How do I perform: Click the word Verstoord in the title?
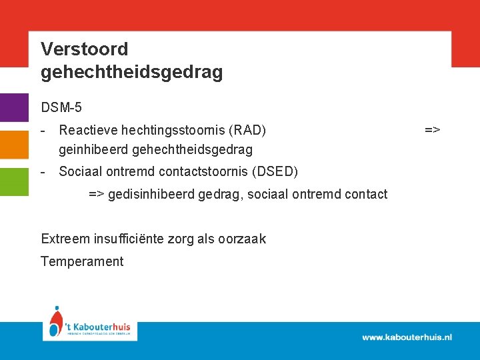click(x=84, y=49)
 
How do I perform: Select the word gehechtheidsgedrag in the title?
click(x=131, y=72)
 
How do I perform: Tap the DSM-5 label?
click(x=61, y=107)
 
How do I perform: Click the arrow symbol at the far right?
click(x=432, y=129)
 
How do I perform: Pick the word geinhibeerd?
click(x=93, y=149)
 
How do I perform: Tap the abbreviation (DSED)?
click(x=275, y=171)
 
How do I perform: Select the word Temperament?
click(x=82, y=261)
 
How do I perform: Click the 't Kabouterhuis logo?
click(x=90, y=325)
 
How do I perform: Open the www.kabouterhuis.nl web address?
click(x=407, y=337)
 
